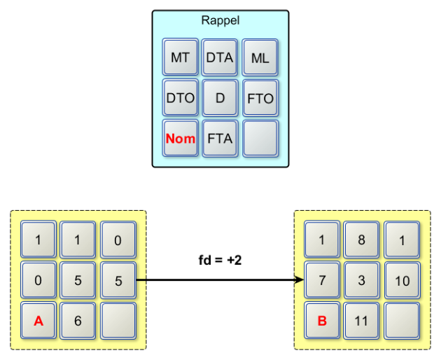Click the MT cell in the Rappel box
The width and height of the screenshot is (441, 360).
pos(180,58)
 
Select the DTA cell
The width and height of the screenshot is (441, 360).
pos(220,58)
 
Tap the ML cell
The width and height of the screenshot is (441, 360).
pos(260,58)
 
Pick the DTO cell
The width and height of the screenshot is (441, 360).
pos(180,98)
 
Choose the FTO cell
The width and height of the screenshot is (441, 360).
pos(260,98)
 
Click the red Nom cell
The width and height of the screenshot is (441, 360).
pos(180,138)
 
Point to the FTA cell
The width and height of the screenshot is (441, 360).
pos(220,138)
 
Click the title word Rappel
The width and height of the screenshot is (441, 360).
pos(220,21)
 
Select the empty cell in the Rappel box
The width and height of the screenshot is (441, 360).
pos(260,138)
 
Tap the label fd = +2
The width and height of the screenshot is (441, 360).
pos(220,260)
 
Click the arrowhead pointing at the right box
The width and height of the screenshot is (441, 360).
pos(300,280)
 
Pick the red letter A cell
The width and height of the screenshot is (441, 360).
pos(38,320)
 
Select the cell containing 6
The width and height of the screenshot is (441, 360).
pos(78,320)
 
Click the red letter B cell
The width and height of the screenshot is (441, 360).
pos(321,320)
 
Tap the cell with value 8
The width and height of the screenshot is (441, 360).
pos(361,240)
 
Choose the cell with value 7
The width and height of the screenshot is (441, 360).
pos(321,280)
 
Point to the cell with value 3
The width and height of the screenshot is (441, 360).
pos(361,280)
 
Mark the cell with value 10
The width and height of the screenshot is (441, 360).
pos(401,280)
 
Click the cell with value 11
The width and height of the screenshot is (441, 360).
pos(361,320)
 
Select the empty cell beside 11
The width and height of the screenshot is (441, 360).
pos(401,320)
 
